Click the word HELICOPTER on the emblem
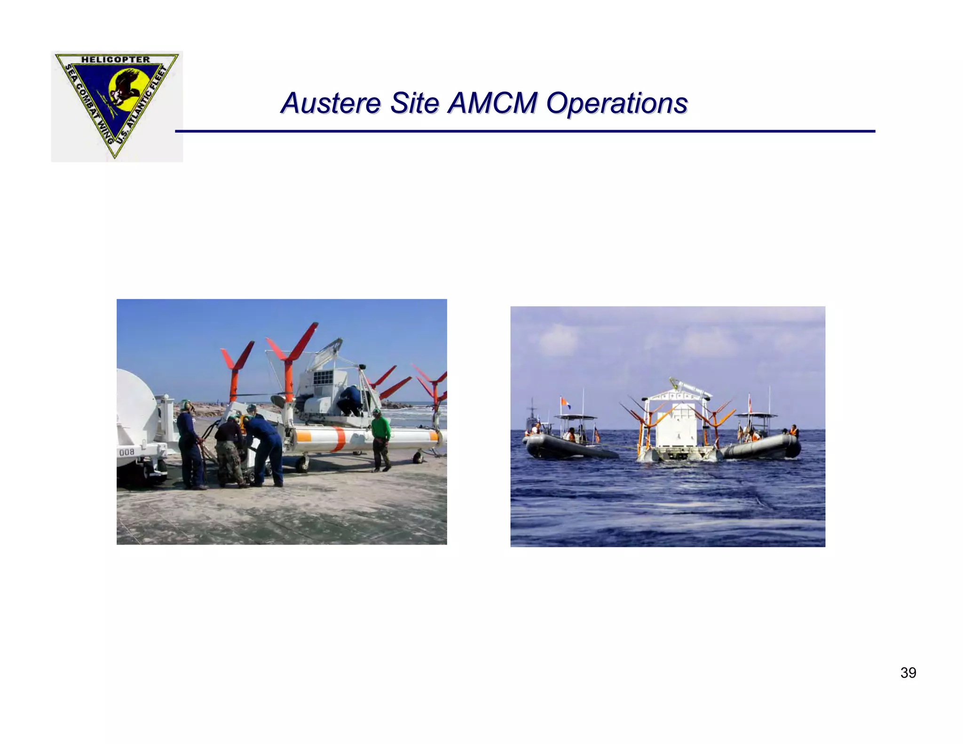116,60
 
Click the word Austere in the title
330,103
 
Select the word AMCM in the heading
492,103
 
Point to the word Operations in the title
616,103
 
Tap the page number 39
908,673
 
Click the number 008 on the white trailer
127,452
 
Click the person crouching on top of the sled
350,400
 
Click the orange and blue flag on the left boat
565,403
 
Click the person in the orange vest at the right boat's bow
793,431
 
